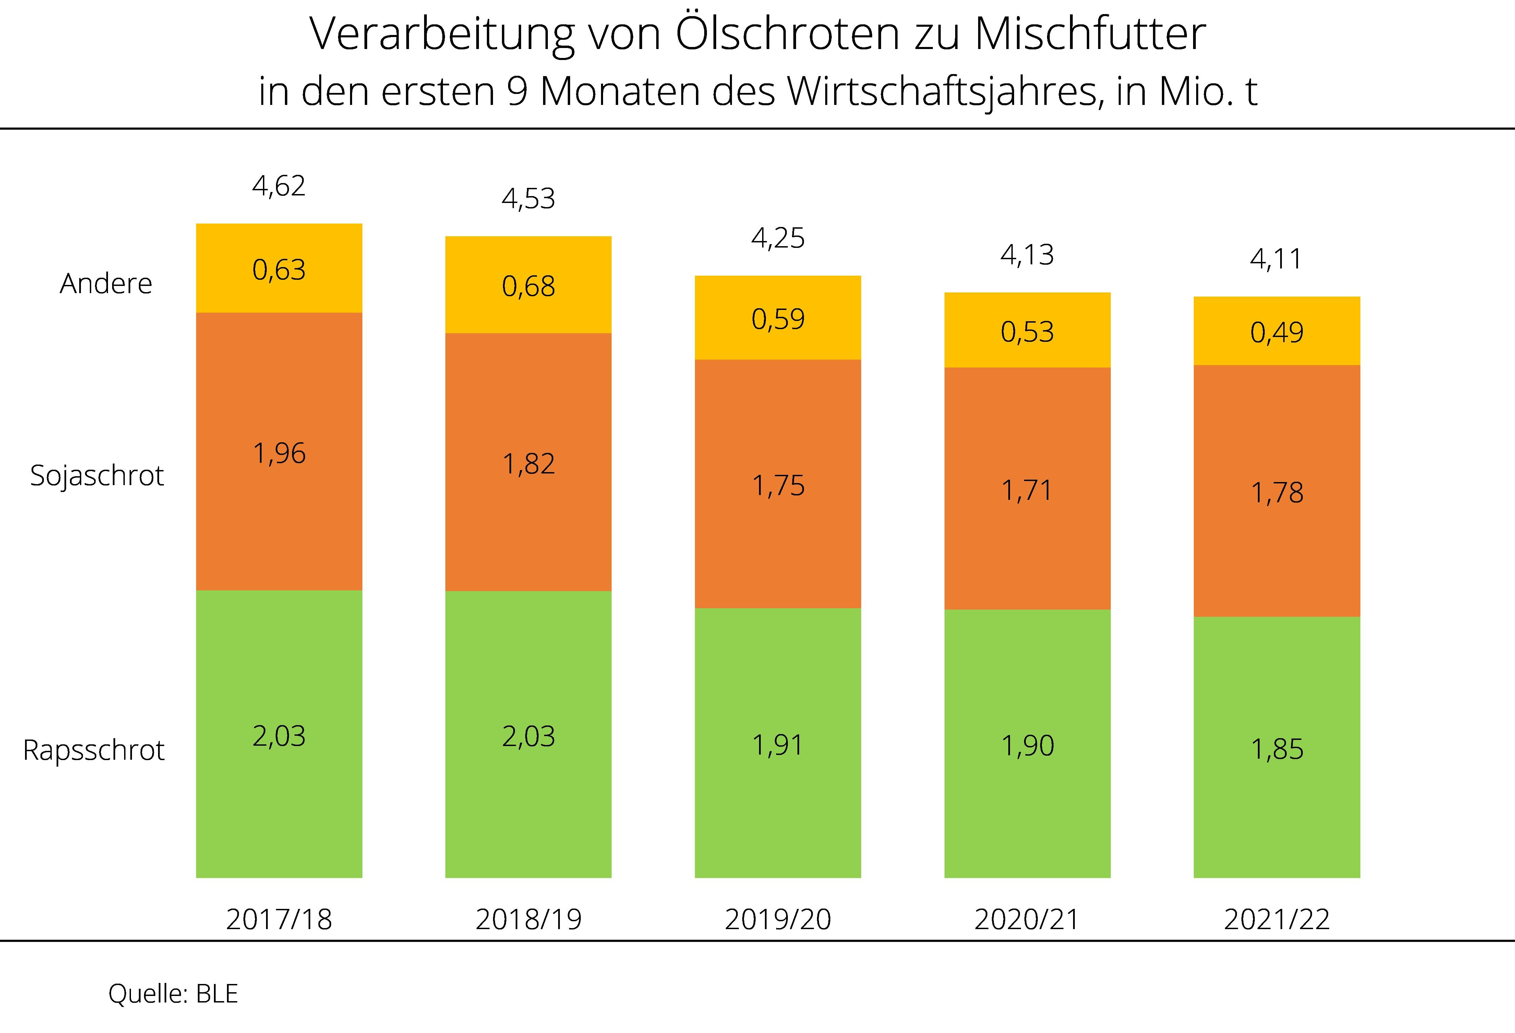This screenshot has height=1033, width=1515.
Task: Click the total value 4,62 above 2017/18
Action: [279, 187]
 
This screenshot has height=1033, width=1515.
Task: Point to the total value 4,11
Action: [1276, 260]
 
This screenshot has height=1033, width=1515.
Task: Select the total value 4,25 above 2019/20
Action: [778, 239]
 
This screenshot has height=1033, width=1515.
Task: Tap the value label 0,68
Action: [528, 287]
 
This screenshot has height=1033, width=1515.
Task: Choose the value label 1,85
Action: [1276, 749]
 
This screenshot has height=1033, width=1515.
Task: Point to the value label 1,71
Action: [1027, 490]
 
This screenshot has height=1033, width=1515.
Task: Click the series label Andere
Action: [106, 284]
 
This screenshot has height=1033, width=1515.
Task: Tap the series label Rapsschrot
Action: [94, 750]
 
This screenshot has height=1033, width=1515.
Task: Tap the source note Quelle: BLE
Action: [173, 994]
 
